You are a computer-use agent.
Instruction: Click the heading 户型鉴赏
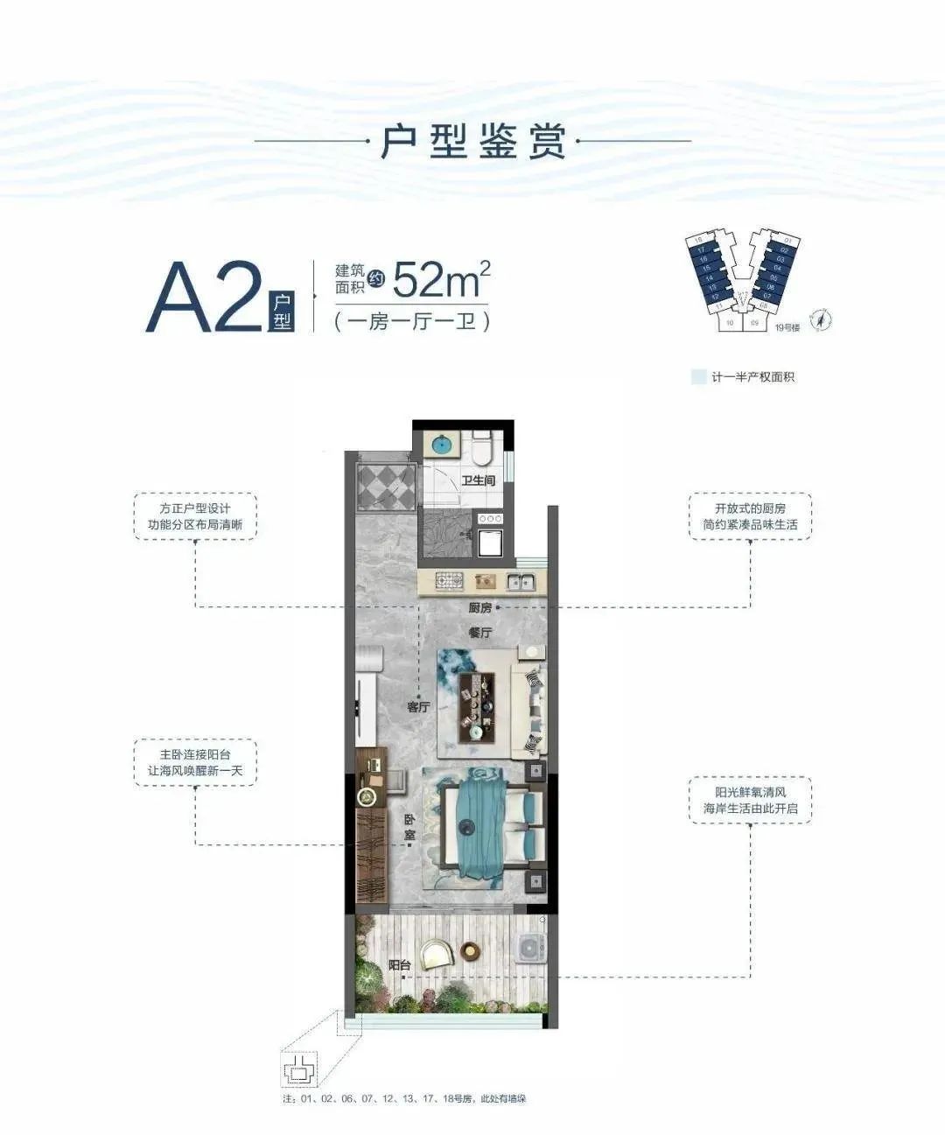[x=472, y=141]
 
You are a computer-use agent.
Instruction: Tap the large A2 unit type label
[x=205, y=298]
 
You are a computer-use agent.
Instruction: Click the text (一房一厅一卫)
[x=411, y=321]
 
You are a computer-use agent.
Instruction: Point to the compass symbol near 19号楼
[x=822, y=321]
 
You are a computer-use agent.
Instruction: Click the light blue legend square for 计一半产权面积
[x=698, y=377]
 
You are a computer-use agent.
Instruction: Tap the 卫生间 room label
[x=479, y=480]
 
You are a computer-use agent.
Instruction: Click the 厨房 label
[x=479, y=607]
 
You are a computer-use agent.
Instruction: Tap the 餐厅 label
[x=479, y=632]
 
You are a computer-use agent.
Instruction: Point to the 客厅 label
[x=418, y=707]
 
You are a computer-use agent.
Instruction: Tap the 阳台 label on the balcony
[x=400, y=964]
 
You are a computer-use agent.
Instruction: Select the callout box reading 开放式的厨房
[x=750, y=516]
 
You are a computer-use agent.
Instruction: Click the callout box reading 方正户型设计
[x=195, y=516]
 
